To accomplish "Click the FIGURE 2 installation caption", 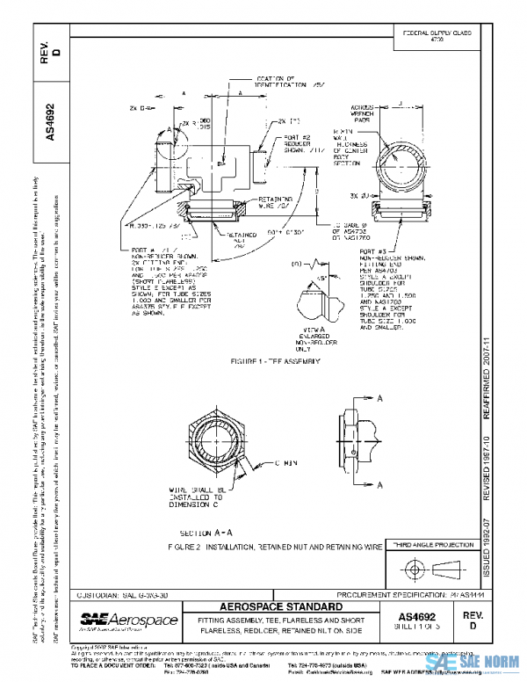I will (x=275, y=547).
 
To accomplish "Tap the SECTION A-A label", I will (x=206, y=533).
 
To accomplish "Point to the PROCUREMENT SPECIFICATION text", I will (x=369, y=595).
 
